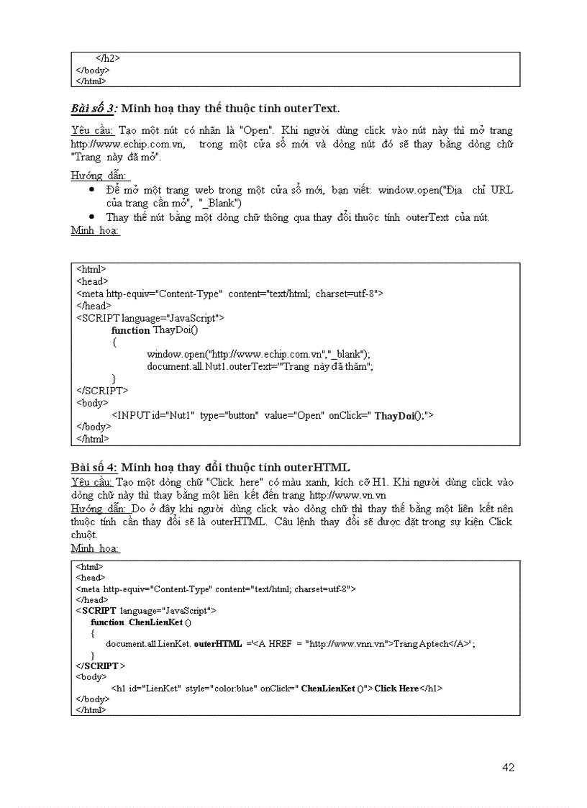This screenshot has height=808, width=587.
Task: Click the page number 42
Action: (508, 767)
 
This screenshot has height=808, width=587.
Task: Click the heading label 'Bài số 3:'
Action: (94, 109)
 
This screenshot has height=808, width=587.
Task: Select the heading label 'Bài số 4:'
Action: (94, 468)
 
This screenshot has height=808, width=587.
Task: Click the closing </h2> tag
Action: (108, 58)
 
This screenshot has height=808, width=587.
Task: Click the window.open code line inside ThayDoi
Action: (258, 354)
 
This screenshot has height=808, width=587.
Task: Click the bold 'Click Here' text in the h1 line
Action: (396, 689)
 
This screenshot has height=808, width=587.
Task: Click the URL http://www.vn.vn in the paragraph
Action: (347, 495)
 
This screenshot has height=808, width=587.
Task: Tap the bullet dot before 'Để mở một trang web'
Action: (91, 190)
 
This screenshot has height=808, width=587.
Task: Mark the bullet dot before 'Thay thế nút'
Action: (91, 217)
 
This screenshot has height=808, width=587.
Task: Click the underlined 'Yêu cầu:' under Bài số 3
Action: (92, 130)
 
